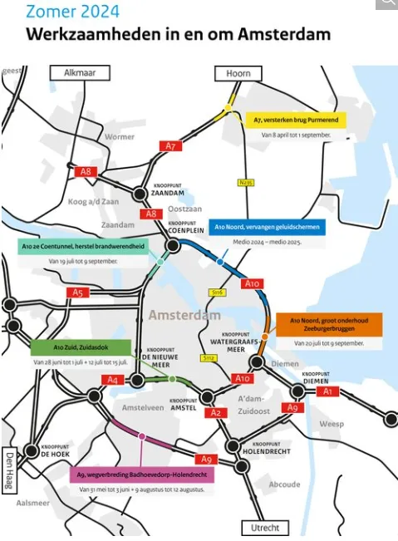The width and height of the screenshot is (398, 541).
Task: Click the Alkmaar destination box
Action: coord(80,73)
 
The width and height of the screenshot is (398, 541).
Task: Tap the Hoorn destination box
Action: coord(238,73)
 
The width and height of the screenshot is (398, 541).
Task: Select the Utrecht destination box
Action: coord(264,528)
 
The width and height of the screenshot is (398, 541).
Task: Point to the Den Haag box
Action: coord(11,471)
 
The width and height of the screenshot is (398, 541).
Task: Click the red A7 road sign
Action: coord(170,146)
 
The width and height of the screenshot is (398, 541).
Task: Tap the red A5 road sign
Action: coord(79,293)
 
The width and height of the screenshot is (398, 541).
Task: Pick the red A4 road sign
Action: coord(114,380)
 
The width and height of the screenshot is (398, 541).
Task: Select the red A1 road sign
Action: coord(327,391)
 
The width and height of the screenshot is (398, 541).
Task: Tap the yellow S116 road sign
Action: coord(219,293)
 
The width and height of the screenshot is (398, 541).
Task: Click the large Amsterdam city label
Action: coord(184,316)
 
